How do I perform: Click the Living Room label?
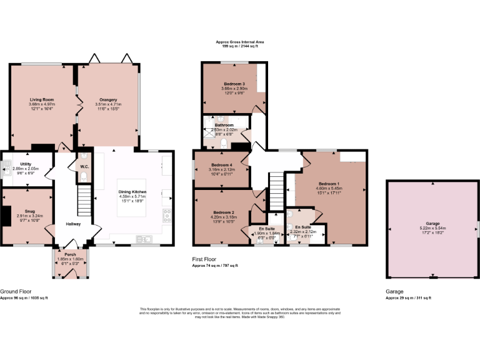coord(40,99)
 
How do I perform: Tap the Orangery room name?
coord(108,99)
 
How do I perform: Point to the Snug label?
coord(30,211)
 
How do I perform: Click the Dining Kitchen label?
coord(132,192)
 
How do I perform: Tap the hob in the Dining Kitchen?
coord(167,216)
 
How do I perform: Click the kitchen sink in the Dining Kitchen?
coord(145,238)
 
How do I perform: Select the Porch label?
coord(70,254)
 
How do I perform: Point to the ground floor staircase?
coord(83,202)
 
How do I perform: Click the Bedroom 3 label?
coord(234,84)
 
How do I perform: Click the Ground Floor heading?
coord(16,291)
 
